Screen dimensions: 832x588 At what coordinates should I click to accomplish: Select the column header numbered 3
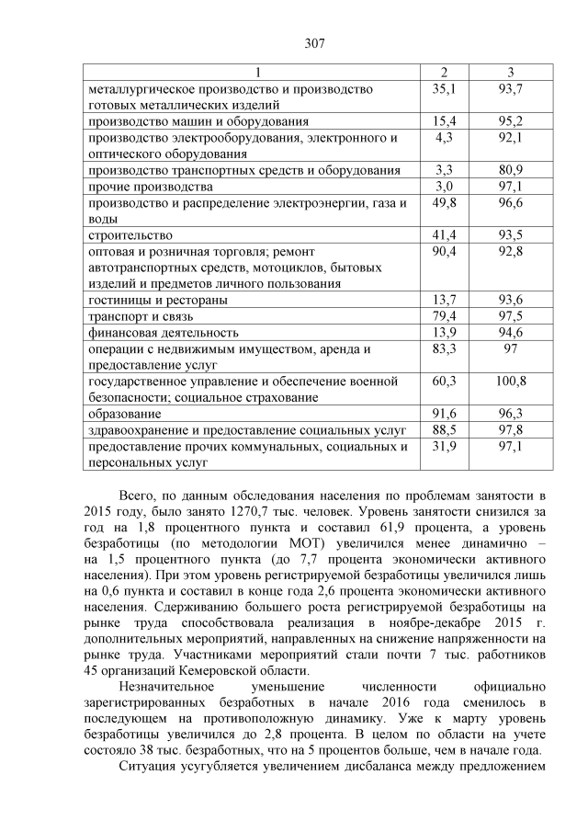tap(510, 73)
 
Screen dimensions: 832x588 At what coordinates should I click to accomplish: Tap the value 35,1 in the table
tap(445, 88)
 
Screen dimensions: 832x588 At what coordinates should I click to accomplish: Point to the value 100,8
tap(510, 381)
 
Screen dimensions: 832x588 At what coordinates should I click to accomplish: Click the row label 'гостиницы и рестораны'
tap(157, 300)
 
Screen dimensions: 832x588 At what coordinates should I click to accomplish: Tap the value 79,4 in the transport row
tap(445, 316)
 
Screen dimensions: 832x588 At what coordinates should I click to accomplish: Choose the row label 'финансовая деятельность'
tap(164, 332)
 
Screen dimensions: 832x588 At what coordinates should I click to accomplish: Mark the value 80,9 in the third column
tap(510, 170)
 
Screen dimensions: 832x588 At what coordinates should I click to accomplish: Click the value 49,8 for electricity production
tap(445, 203)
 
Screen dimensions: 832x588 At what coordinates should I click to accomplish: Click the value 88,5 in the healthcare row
tap(445, 430)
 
